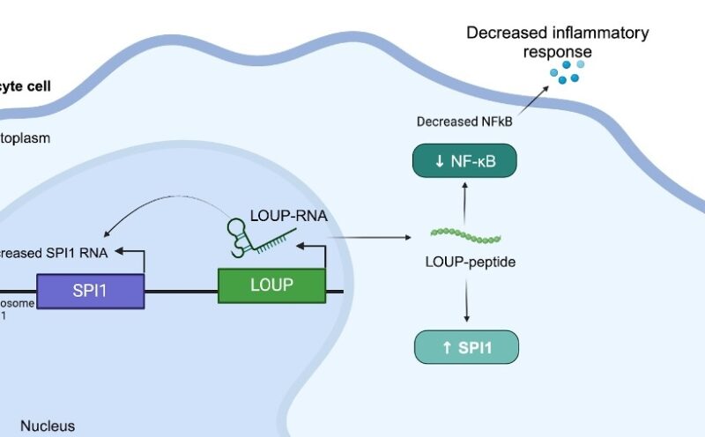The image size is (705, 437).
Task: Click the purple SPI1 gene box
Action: coord(90,290)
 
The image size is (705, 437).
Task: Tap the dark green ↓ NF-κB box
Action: coord(464,160)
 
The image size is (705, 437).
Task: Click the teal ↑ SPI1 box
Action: coord(466,347)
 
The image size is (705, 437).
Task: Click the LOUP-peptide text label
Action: coord(465,263)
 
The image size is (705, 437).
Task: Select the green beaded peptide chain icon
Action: coord(465,236)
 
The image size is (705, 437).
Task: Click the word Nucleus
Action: coord(48,426)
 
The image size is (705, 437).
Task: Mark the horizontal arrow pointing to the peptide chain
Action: coord(370,237)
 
